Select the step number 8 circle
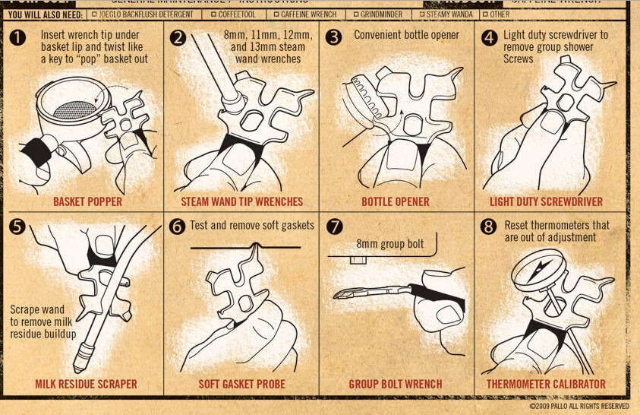coord(489,226)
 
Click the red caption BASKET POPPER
coord(87,201)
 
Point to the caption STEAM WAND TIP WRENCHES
coord(241,201)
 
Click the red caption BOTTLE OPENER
coord(396,201)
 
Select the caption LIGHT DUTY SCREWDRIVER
coord(547,201)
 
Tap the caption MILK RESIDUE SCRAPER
coord(86,384)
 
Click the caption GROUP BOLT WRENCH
coord(396,384)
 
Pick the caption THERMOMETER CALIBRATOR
coord(547,384)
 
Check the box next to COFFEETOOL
coord(214,14)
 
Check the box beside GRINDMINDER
coord(355,14)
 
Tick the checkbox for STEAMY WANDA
coord(422,14)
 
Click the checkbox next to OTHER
coord(484,14)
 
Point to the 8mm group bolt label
coord(390,244)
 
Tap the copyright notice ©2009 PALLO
coord(579,407)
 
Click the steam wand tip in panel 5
coord(82,353)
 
